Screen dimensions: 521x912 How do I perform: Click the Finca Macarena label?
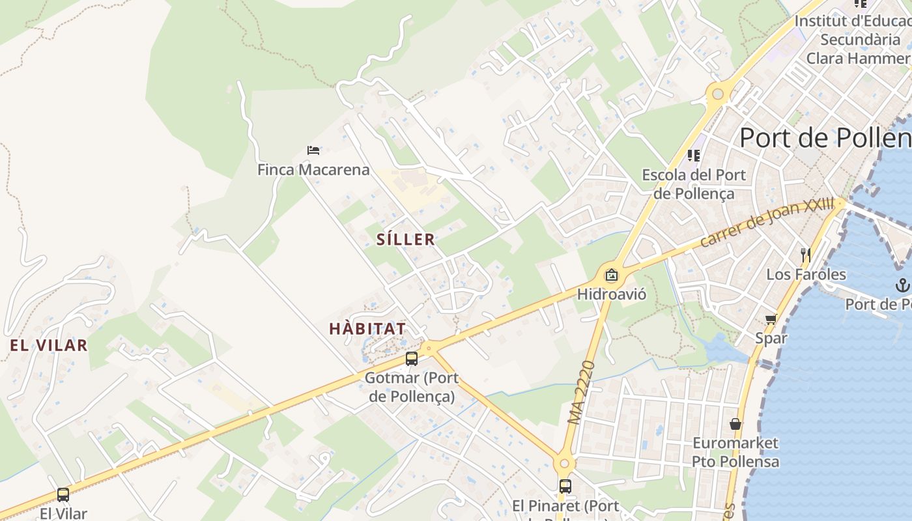[313, 170]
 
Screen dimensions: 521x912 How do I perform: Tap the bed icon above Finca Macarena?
[313, 150]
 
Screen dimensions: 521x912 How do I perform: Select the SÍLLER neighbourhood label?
[406, 240]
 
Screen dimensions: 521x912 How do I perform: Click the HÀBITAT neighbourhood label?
[367, 329]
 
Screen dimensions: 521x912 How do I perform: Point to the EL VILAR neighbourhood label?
[49, 345]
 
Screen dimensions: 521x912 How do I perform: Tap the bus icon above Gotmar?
[412, 358]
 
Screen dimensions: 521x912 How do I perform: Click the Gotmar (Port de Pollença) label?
[412, 387]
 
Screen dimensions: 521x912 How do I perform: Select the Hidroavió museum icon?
[611, 275]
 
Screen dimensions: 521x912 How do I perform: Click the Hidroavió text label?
[612, 294]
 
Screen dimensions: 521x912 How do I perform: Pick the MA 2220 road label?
[582, 393]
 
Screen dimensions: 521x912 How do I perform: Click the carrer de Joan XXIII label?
[767, 223]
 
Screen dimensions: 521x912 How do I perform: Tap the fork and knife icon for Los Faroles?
[806, 255]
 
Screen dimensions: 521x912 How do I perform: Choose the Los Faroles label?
[806, 274]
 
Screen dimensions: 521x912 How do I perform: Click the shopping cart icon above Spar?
[771, 319]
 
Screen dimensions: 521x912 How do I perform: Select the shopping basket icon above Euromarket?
[735, 424]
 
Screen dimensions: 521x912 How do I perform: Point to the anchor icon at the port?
[902, 285]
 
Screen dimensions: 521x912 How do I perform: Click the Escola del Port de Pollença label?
[694, 184]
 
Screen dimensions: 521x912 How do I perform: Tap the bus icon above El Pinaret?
[565, 486]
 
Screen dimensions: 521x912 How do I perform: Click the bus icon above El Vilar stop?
[63, 495]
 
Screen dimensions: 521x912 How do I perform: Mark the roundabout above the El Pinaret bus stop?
[564, 464]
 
